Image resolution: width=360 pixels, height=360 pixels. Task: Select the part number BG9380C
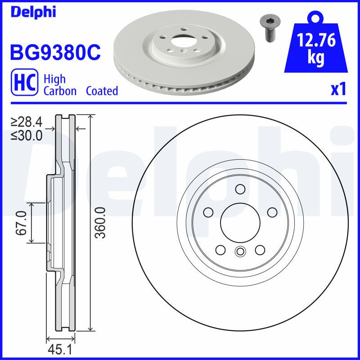54,53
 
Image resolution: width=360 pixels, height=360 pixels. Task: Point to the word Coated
102,91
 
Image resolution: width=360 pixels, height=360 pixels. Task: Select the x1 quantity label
338,90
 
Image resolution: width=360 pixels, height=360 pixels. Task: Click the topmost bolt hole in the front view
240,189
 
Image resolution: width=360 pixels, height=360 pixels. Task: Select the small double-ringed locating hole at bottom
240,252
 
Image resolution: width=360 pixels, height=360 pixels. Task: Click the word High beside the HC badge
54,79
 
